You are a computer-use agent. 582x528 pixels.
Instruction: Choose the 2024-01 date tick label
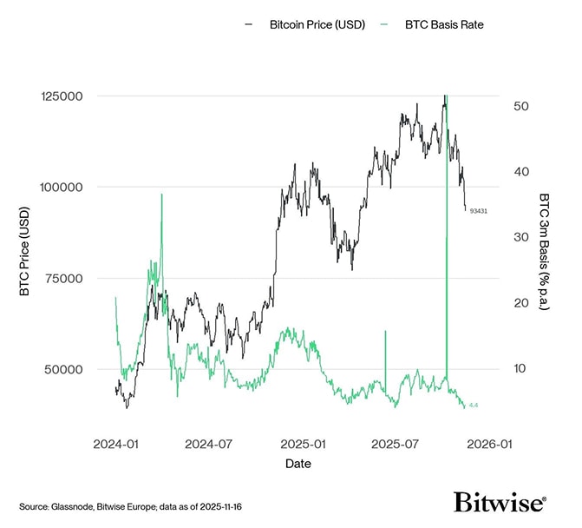(x=115, y=443)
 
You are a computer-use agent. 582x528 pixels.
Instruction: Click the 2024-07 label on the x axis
(x=209, y=443)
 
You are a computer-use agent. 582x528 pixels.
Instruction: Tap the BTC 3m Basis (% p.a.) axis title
(x=544, y=252)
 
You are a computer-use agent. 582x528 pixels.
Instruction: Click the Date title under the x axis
(x=298, y=464)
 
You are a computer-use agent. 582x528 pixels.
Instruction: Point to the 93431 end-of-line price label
(x=478, y=211)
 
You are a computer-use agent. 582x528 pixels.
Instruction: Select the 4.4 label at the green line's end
(x=474, y=406)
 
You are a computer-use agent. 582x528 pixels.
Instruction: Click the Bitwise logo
(x=500, y=503)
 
